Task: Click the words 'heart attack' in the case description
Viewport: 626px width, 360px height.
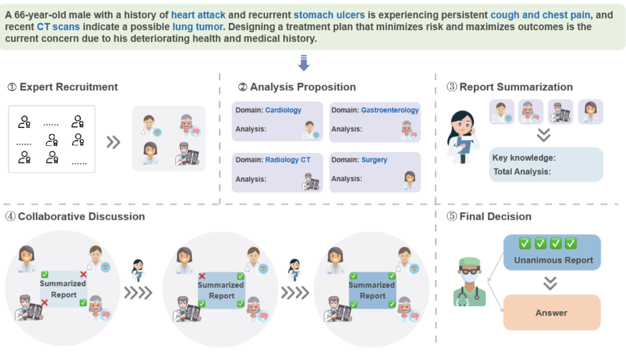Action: tap(198, 15)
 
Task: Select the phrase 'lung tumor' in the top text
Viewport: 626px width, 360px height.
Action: tap(197, 27)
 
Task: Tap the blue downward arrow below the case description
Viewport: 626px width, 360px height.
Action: tap(303, 63)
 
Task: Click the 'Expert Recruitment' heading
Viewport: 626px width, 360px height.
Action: tap(68, 87)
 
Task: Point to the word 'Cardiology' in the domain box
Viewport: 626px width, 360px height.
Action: tap(283, 110)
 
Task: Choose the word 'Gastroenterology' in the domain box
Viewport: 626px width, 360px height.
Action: tap(389, 110)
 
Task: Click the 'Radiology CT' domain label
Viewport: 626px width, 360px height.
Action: tap(287, 160)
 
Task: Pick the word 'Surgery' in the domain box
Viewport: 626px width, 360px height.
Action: tap(374, 160)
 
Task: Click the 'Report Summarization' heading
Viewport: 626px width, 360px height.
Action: tap(515, 87)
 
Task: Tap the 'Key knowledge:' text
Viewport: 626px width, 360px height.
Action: tap(524, 158)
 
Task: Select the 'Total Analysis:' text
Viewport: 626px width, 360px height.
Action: tap(522, 172)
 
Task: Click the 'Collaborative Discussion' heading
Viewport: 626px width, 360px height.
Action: tap(81, 217)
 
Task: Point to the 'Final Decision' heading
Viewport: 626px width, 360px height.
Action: tap(495, 217)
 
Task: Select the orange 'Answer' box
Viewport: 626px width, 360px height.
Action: tap(551, 312)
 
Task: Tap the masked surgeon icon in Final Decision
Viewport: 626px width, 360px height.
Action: tap(469, 282)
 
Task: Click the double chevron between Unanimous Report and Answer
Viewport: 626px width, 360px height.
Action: tap(550, 283)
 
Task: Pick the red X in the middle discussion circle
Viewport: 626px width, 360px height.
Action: tap(202, 276)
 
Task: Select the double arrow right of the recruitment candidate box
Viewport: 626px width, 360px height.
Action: tap(113, 142)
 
